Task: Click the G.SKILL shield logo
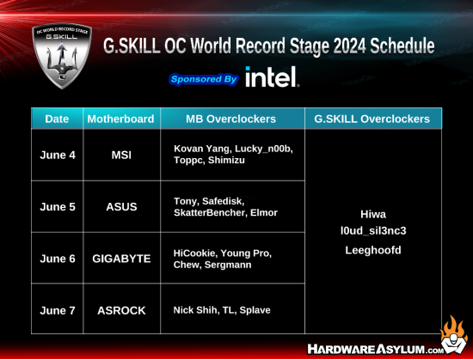[x=62, y=56]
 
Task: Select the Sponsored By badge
[x=204, y=79]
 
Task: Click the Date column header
[x=57, y=119]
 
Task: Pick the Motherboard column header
[x=120, y=119]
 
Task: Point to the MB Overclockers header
[x=230, y=119]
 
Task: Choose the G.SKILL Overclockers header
[x=372, y=119]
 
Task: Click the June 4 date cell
[x=58, y=155]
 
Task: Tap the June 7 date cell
[x=58, y=310]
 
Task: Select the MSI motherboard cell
[x=121, y=155]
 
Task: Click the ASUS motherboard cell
[x=121, y=207]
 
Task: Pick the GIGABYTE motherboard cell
[x=121, y=259]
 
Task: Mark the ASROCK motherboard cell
[x=121, y=310]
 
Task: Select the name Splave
[x=255, y=310]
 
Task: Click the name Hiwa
[x=373, y=214]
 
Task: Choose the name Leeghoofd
[x=373, y=250]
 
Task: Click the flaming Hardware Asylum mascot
[x=453, y=335]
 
